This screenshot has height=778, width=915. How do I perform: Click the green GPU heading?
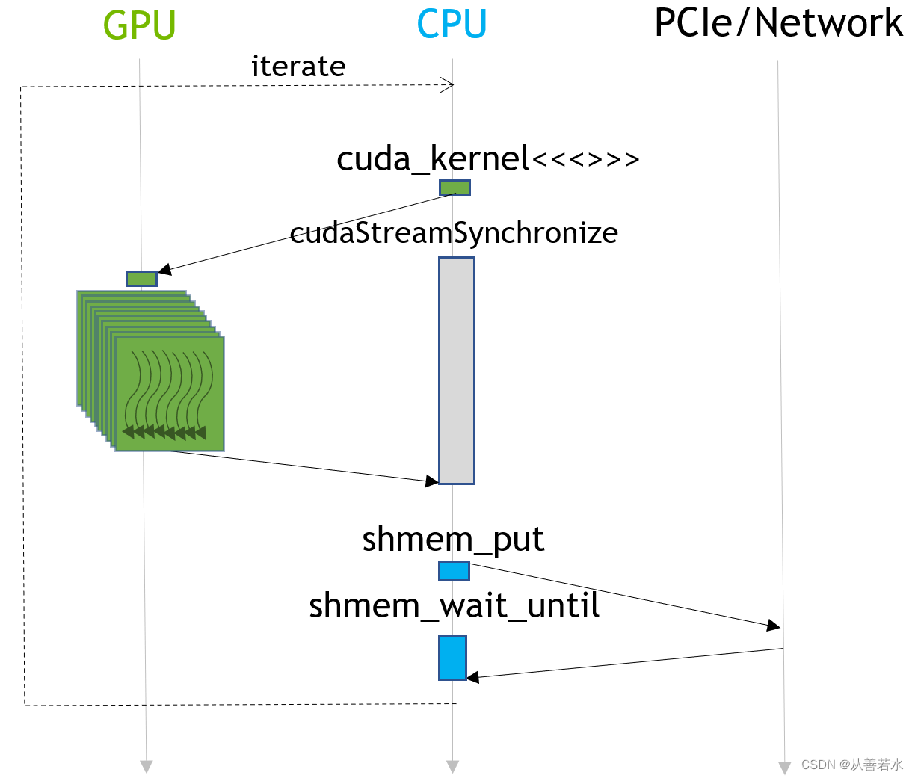pyautogui.click(x=139, y=25)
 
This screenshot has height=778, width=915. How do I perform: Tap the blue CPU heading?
pyautogui.click(x=452, y=25)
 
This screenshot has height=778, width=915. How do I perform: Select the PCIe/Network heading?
pyautogui.click(x=778, y=23)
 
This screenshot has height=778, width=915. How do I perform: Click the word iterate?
pyautogui.click(x=298, y=67)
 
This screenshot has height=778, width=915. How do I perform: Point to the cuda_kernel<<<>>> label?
pyautogui.click(x=487, y=158)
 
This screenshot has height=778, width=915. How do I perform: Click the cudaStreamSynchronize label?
pyautogui.click(x=454, y=232)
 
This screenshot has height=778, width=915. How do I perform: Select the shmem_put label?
pyautogui.click(x=453, y=539)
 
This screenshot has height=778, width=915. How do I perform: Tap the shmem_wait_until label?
pyautogui.click(x=454, y=605)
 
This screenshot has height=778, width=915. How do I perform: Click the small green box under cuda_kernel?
pyautogui.click(x=455, y=188)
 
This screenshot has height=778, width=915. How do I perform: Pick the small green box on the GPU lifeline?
pyautogui.click(x=141, y=279)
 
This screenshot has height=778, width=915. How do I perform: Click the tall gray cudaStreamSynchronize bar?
pyautogui.click(x=456, y=371)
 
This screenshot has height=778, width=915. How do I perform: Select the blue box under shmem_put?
pyautogui.click(x=454, y=571)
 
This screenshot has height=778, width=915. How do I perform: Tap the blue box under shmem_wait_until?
pyautogui.click(x=452, y=658)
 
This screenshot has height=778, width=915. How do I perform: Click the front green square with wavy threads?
pyautogui.click(x=170, y=394)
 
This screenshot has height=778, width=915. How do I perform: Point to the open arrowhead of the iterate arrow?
pyautogui.click(x=448, y=84)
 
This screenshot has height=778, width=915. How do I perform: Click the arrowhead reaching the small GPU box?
pyautogui.click(x=164, y=270)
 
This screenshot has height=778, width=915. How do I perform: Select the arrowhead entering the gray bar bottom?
pyautogui.click(x=431, y=481)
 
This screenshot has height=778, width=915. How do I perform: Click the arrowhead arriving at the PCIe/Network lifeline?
pyautogui.click(x=774, y=626)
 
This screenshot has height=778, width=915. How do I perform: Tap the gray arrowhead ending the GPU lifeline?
pyautogui.click(x=147, y=766)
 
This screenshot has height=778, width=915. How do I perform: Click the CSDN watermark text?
pyautogui.click(x=851, y=765)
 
